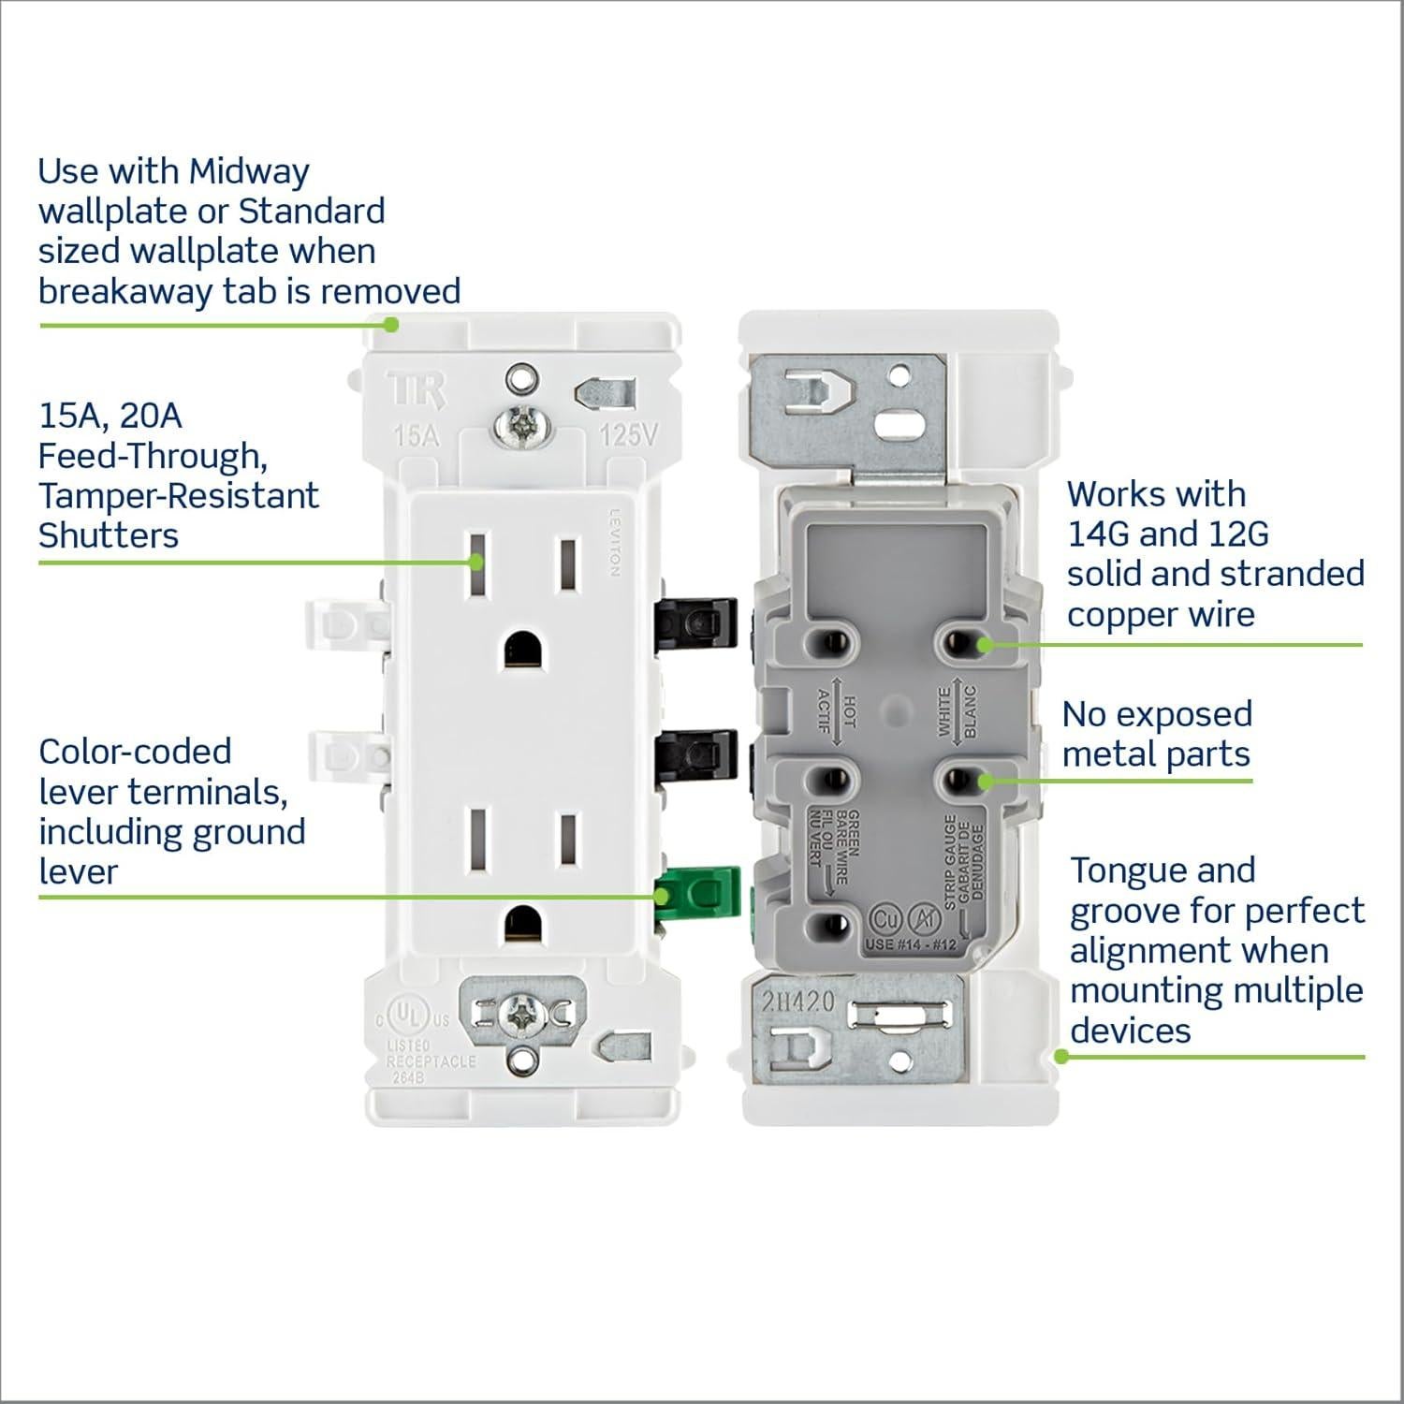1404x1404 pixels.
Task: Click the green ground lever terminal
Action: coord(699,893)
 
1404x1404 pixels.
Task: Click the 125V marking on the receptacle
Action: coord(628,434)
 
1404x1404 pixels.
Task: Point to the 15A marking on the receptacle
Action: coord(417,435)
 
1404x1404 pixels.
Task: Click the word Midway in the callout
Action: coord(248,171)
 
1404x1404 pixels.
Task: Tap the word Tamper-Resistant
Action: coord(179,495)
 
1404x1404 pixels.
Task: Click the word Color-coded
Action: coord(135,752)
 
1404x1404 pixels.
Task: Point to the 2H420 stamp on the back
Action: coord(797,1002)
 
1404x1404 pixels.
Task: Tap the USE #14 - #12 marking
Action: coord(911,943)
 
